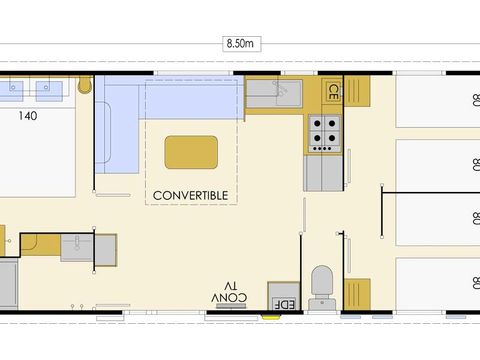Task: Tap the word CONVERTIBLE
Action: (x=191, y=196)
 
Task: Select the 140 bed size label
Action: (x=28, y=116)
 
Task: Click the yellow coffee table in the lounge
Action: (x=191, y=152)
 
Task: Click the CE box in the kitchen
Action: (x=332, y=92)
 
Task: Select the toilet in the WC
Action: (x=322, y=287)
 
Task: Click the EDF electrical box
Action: (x=284, y=296)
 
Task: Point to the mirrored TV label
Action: (x=231, y=286)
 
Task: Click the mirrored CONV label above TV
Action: (x=229, y=297)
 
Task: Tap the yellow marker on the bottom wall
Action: (x=271, y=317)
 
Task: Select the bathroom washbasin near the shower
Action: (x=77, y=248)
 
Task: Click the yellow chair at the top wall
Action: (x=85, y=84)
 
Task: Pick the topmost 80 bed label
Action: (x=476, y=100)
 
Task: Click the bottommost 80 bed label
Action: (x=476, y=283)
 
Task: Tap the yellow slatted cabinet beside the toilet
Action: (x=357, y=294)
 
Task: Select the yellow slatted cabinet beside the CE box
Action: (x=357, y=91)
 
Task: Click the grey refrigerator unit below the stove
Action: (x=324, y=173)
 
